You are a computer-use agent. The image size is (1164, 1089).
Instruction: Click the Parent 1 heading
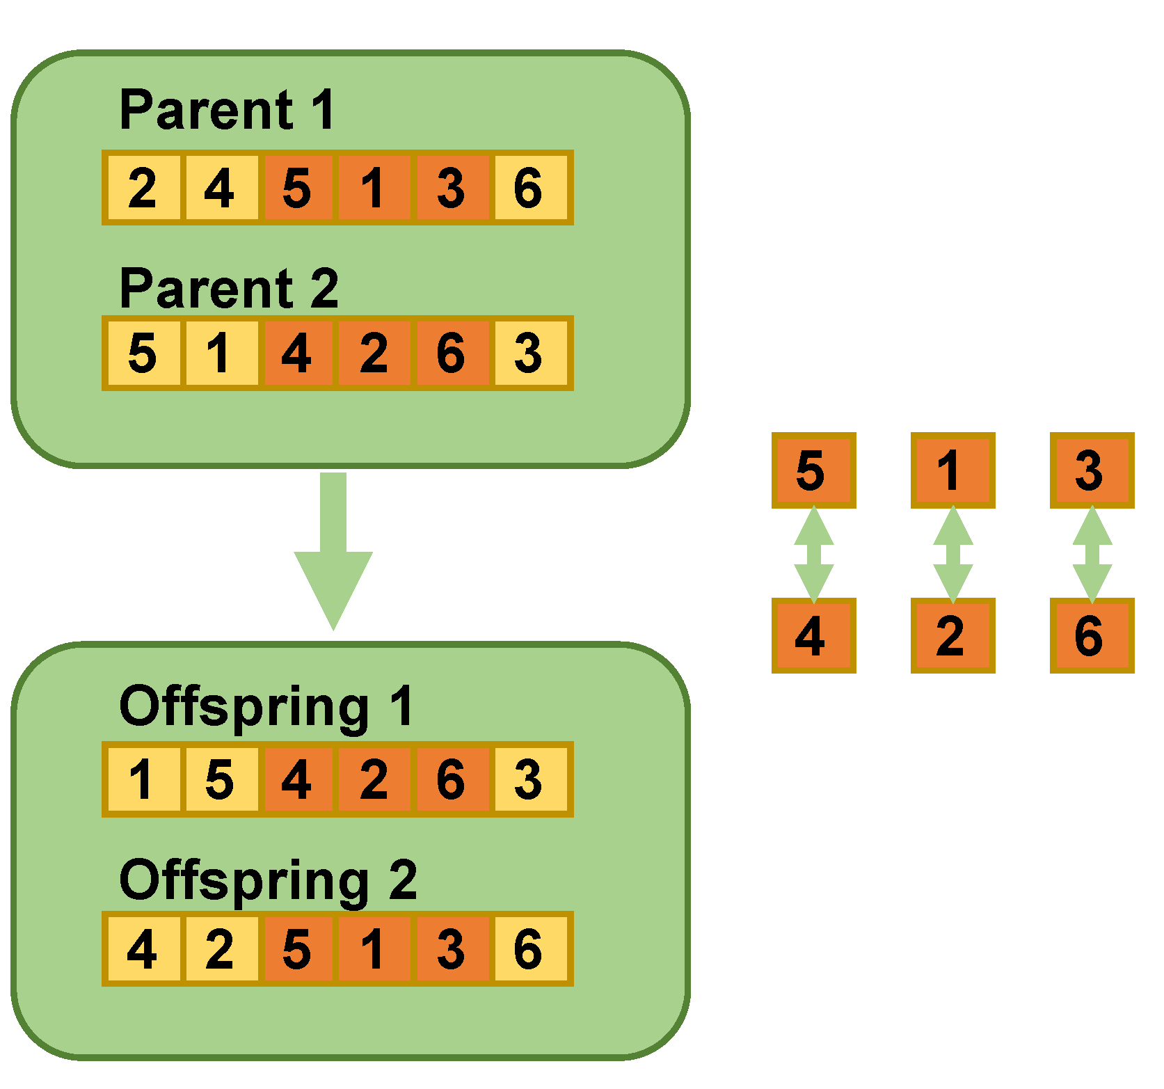pyautogui.click(x=228, y=110)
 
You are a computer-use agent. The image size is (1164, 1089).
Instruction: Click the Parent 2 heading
pyautogui.click(x=229, y=288)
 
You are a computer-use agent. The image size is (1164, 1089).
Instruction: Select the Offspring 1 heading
pyautogui.click(x=266, y=706)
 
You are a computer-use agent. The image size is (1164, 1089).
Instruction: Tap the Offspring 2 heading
pyautogui.click(x=268, y=880)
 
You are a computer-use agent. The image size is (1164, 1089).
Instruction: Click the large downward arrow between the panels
pyautogui.click(x=333, y=550)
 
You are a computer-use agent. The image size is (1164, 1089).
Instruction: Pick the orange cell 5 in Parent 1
pyautogui.click(x=297, y=188)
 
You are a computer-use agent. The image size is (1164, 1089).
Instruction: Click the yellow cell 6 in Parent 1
pyautogui.click(x=529, y=188)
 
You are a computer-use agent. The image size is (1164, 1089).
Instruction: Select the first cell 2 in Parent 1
pyautogui.click(x=143, y=188)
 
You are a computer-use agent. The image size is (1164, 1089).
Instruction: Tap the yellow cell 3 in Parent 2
pyautogui.click(x=529, y=353)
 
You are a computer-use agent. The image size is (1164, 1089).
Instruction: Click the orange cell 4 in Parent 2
pyautogui.click(x=297, y=353)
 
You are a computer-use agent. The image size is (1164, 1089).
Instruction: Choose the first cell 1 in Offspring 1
pyautogui.click(x=143, y=779)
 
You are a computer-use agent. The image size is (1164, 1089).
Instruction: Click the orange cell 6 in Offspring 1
pyautogui.click(x=451, y=779)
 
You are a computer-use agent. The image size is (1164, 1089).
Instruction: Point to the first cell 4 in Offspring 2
pyautogui.click(x=143, y=949)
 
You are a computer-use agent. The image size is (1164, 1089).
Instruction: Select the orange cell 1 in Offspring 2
pyautogui.click(x=374, y=949)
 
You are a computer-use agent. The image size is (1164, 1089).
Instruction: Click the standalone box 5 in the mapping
pyautogui.click(x=813, y=470)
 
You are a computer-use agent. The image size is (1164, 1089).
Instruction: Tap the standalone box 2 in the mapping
pyautogui.click(x=952, y=635)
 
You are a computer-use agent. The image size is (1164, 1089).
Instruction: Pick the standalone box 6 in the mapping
pyautogui.click(x=1092, y=635)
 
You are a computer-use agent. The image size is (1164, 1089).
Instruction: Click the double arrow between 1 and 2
pyautogui.click(x=952, y=554)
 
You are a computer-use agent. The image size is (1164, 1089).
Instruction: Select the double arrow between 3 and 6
pyautogui.click(x=1092, y=554)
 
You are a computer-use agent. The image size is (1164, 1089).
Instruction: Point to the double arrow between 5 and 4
pyautogui.click(x=813, y=554)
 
